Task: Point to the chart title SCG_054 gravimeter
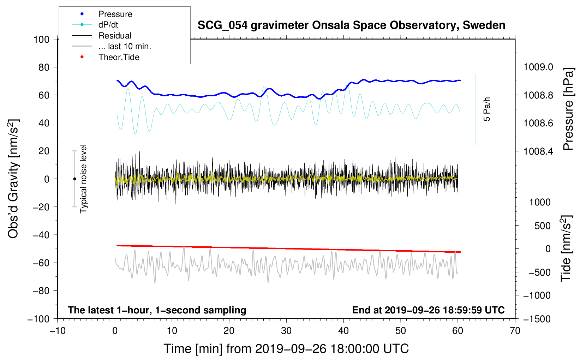coord(351,25)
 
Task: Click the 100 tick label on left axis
coord(41,40)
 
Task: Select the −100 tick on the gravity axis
coord(38,319)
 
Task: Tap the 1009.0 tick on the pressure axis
coord(538,67)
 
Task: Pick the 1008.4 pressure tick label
coord(538,151)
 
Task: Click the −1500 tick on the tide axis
coord(537,319)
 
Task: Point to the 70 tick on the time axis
coord(515,331)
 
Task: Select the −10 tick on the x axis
coord(58,331)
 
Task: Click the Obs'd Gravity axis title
coord(13,179)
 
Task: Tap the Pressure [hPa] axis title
coord(568,109)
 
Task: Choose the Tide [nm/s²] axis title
coord(566,248)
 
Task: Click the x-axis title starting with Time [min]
coord(286,349)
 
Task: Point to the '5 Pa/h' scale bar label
coord(486,109)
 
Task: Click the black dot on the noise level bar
coord(74,179)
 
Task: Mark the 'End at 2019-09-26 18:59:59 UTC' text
coord(428,310)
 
